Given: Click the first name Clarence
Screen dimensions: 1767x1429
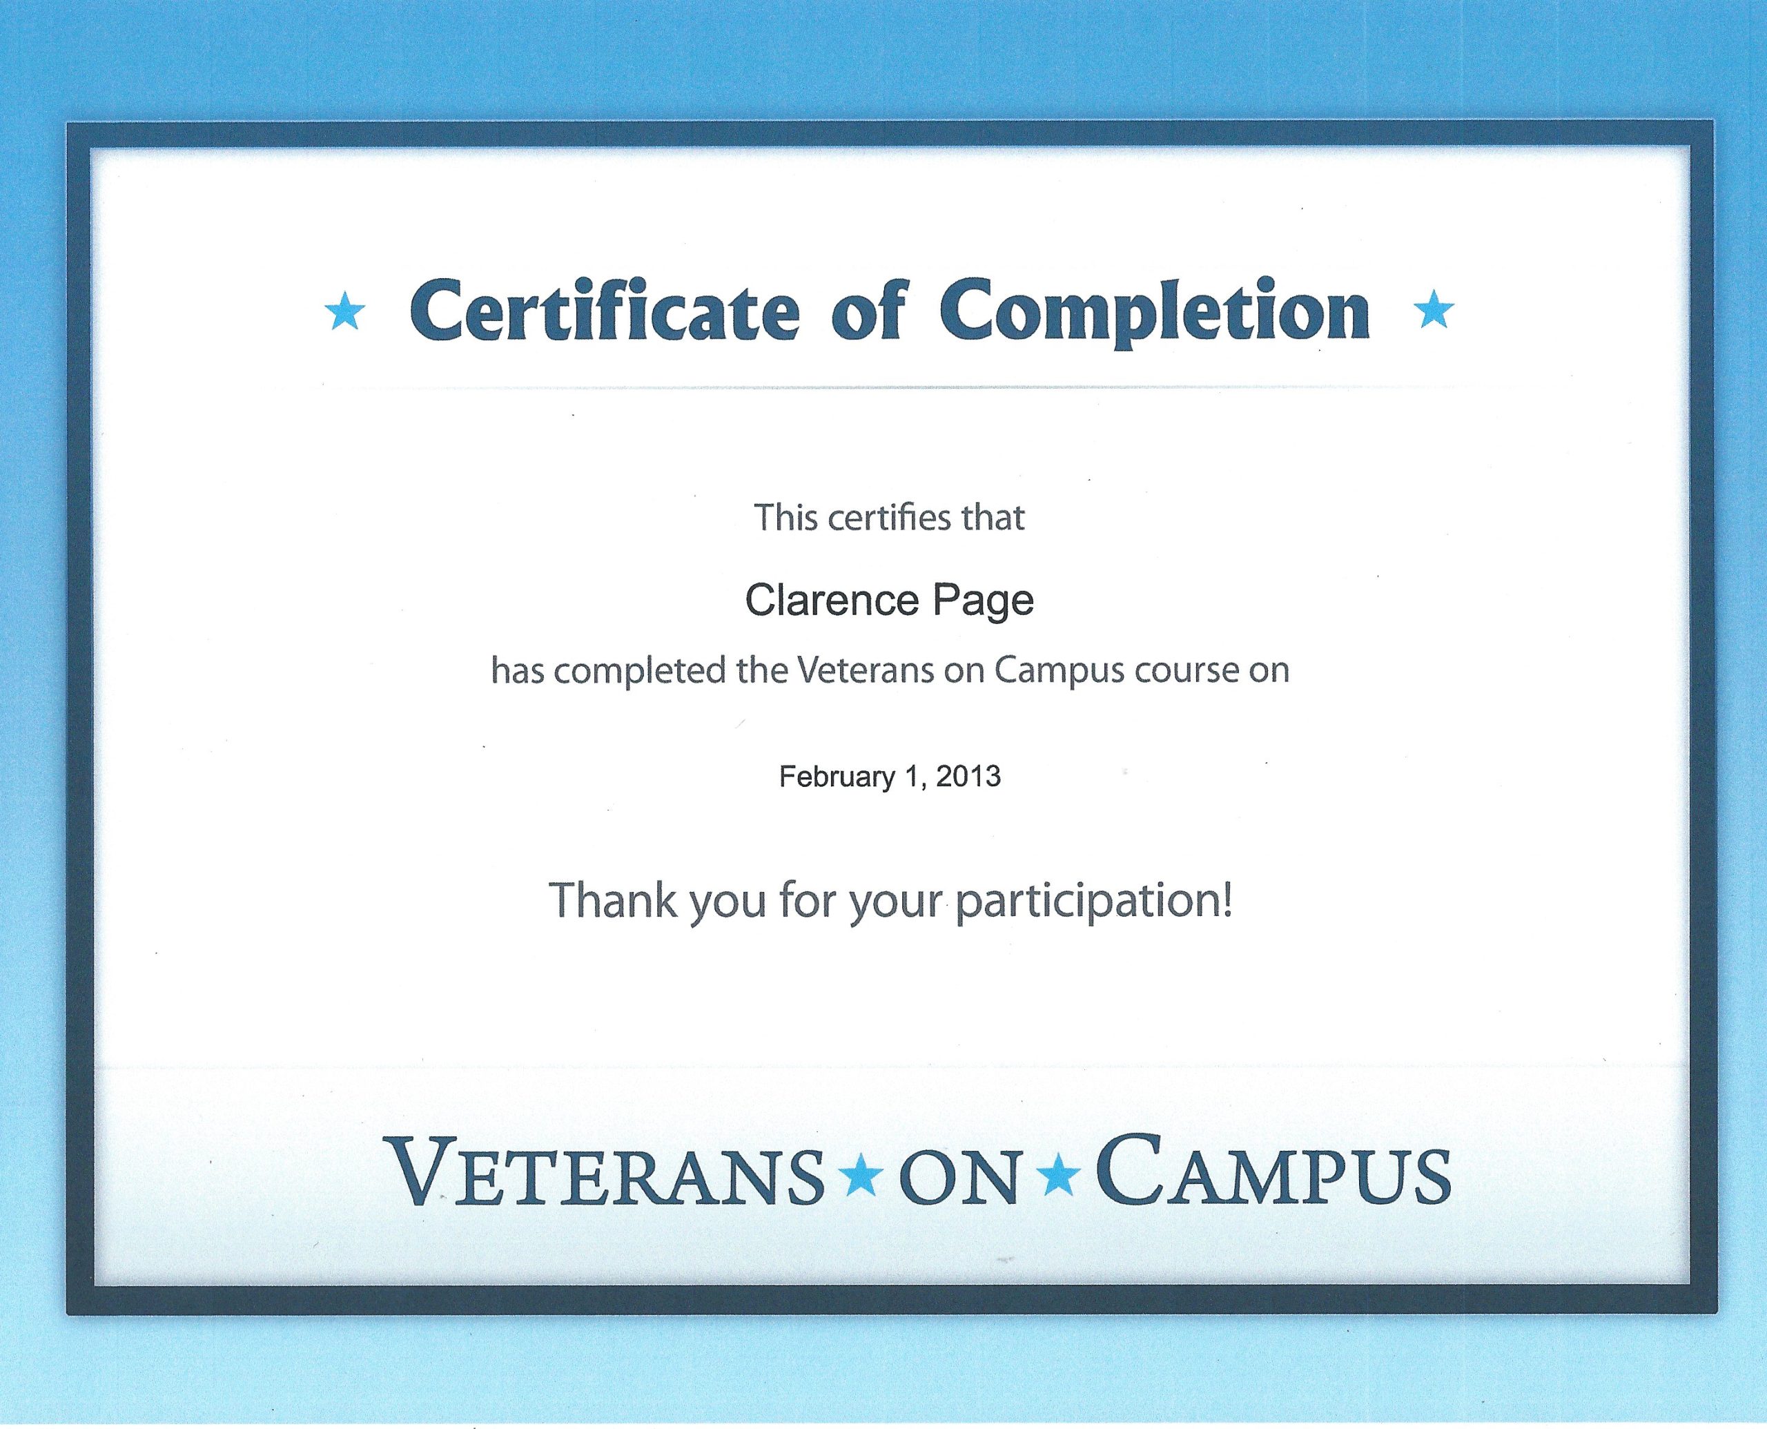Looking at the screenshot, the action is coord(831,600).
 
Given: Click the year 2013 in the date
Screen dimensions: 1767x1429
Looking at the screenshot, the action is coord(968,776).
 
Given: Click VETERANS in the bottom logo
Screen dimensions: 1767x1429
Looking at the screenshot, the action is coord(608,1172).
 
